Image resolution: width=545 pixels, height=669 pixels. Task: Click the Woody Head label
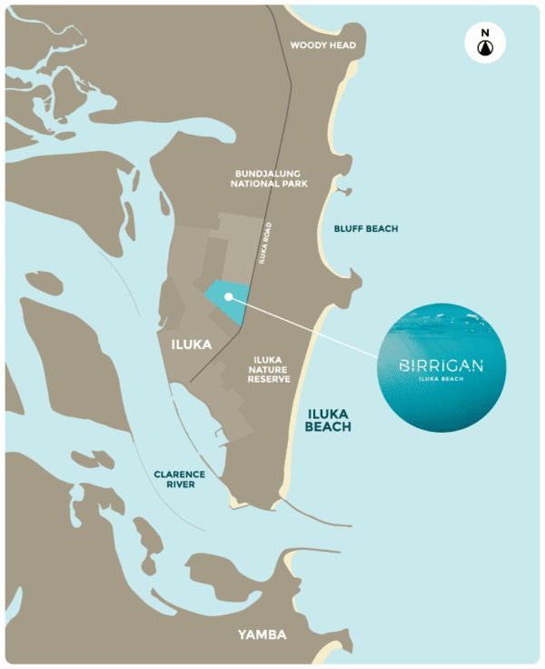[x=322, y=45]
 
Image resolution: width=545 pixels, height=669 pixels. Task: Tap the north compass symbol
[x=484, y=45]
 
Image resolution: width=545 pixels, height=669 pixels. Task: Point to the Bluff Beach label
[x=365, y=229]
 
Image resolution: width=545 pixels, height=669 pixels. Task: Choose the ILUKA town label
[x=192, y=344]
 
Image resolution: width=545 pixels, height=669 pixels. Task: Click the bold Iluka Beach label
[x=328, y=418]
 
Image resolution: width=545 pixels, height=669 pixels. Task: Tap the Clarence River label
[x=179, y=479]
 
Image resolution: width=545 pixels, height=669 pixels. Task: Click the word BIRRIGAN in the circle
[x=441, y=366]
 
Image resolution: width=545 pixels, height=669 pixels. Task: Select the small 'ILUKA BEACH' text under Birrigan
[x=441, y=379]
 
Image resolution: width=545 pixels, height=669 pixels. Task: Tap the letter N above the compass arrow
[x=484, y=33]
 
